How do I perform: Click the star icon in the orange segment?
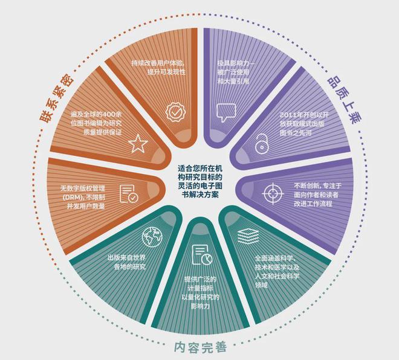[138, 144]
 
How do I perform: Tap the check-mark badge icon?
[175, 112]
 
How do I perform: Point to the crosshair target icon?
[273, 193]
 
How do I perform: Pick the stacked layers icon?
[248, 236]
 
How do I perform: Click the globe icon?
[152, 237]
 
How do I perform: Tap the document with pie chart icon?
[202, 254]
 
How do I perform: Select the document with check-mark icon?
[129, 194]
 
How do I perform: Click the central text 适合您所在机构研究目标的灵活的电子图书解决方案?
[200, 182]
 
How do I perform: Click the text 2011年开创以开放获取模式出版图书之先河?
[304, 124]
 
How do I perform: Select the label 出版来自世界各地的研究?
[126, 262]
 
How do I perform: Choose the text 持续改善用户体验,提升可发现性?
[158, 68]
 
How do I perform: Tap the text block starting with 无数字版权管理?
[82, 197]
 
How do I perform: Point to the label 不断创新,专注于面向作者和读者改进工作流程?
[317, 194]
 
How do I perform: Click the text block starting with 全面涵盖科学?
[277, 272]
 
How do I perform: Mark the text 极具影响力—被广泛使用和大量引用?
[236, 72]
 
